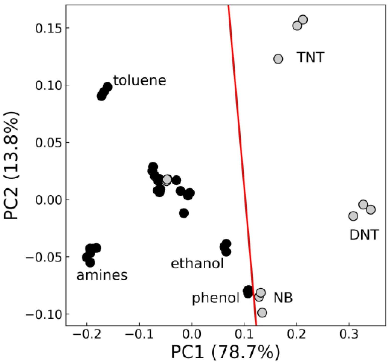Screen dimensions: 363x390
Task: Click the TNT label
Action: [311, 57]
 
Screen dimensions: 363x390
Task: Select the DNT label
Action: [364, 235]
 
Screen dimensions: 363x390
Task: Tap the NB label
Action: [283, 298]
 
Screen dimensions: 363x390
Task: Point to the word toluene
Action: [140, 80]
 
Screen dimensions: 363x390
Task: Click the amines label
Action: [102, 275]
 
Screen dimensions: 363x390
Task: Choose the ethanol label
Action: [197, 264]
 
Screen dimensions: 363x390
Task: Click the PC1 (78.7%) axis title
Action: [225, 352]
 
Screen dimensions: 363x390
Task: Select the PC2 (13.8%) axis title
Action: [11, 166]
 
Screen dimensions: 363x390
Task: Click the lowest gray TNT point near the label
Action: [278, 59]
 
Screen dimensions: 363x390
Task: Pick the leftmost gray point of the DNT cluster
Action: [353, 216]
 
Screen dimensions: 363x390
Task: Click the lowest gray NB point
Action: [262, 313]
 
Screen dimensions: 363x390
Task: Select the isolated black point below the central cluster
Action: [184, 213]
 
